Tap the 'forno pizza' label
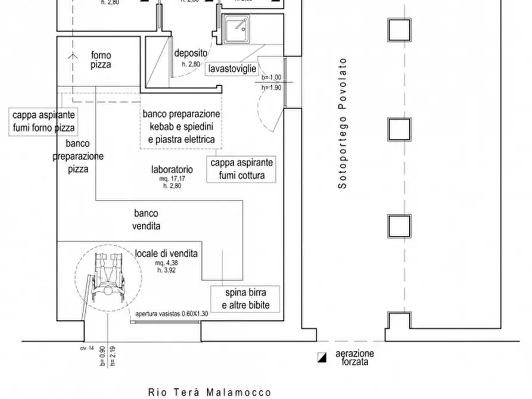101,60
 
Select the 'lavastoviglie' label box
232,69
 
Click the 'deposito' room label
191,52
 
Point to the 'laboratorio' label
172,169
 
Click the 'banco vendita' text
147,219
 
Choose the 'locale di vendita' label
166,253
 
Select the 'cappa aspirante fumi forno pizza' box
43,122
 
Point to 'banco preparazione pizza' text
77,156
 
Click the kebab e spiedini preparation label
181,127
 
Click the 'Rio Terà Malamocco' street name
210,392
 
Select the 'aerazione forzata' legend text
354,357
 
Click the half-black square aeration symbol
322,357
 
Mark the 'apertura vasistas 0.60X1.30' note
172,314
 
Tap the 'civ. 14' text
87,348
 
